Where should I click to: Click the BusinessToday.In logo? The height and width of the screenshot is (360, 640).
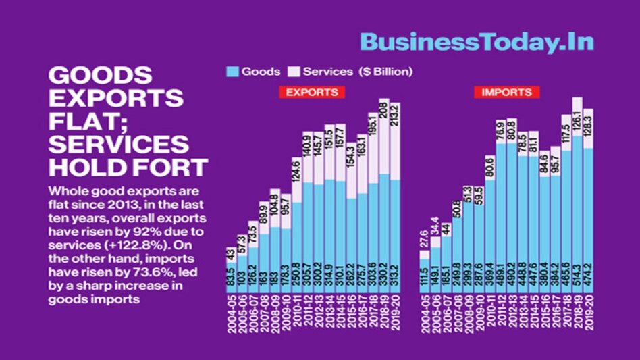click(477, 42)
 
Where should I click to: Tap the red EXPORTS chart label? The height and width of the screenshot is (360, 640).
click(310, 92)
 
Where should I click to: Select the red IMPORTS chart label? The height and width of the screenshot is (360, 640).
click(506, 92)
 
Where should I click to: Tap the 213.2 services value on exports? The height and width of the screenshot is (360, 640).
click(395, 119)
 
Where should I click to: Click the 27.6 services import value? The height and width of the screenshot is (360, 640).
click(424, 240)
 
